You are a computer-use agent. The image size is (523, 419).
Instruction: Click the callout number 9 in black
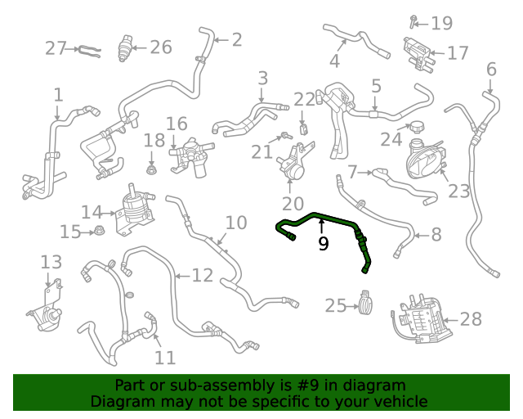pyautogui.click(x=324, y=243)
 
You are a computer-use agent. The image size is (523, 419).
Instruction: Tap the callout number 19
pyautogui.click(x=442, y=23)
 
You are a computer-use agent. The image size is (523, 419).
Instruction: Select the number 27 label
pyautogui.click(x=56, y=48)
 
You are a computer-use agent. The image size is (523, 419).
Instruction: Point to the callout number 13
pyautogui.click(x=51, y=262)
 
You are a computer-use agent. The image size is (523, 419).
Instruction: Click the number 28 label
pyautogui.click(x=472, y=319)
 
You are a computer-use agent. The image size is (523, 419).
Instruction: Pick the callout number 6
pyautogui.click(x=491, y=69)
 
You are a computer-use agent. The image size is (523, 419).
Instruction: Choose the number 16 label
pyautogui.click(x=177, y=124)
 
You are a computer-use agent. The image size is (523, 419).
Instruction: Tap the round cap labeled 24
pyautogui.click(x=416, y=128)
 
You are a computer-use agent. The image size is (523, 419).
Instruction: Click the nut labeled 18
pyautogui.click(x=152, y=169)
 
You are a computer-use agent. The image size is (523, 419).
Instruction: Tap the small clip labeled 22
pyautogui.click(x=303, y=128)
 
